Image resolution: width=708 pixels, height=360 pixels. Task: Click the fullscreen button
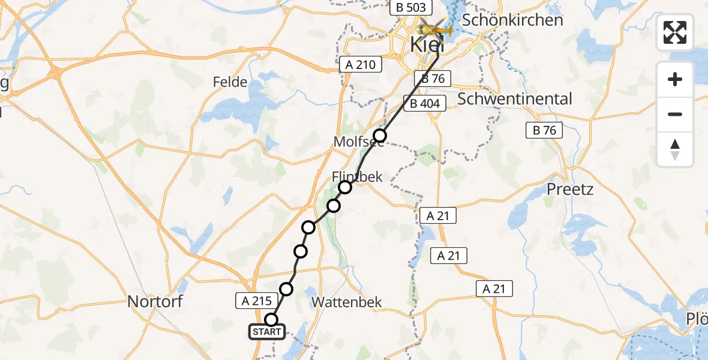[x=675, y=32]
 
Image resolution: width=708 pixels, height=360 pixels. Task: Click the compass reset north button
[x=675, y=149]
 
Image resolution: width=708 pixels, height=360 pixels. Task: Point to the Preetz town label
[x=570, y=190]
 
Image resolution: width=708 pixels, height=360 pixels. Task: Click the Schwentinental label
[x=515, y=99]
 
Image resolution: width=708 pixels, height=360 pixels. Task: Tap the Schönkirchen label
[x=513, y=20]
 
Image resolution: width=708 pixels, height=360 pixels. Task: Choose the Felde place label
[x=230, y=82]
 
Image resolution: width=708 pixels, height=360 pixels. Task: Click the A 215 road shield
[x=258, y=301]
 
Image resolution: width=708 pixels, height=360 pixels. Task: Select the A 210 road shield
[x=361, y=64]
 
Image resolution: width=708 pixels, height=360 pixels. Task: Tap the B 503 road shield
[x=411, y=8]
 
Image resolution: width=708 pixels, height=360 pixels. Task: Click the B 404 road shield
[x=425, y=104]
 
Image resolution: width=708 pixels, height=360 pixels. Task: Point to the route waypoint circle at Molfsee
[x=380, y=135]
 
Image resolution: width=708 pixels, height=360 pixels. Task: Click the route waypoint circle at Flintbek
[x=345, y=187]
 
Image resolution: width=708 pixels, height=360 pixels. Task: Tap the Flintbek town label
[x=357, y=176]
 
